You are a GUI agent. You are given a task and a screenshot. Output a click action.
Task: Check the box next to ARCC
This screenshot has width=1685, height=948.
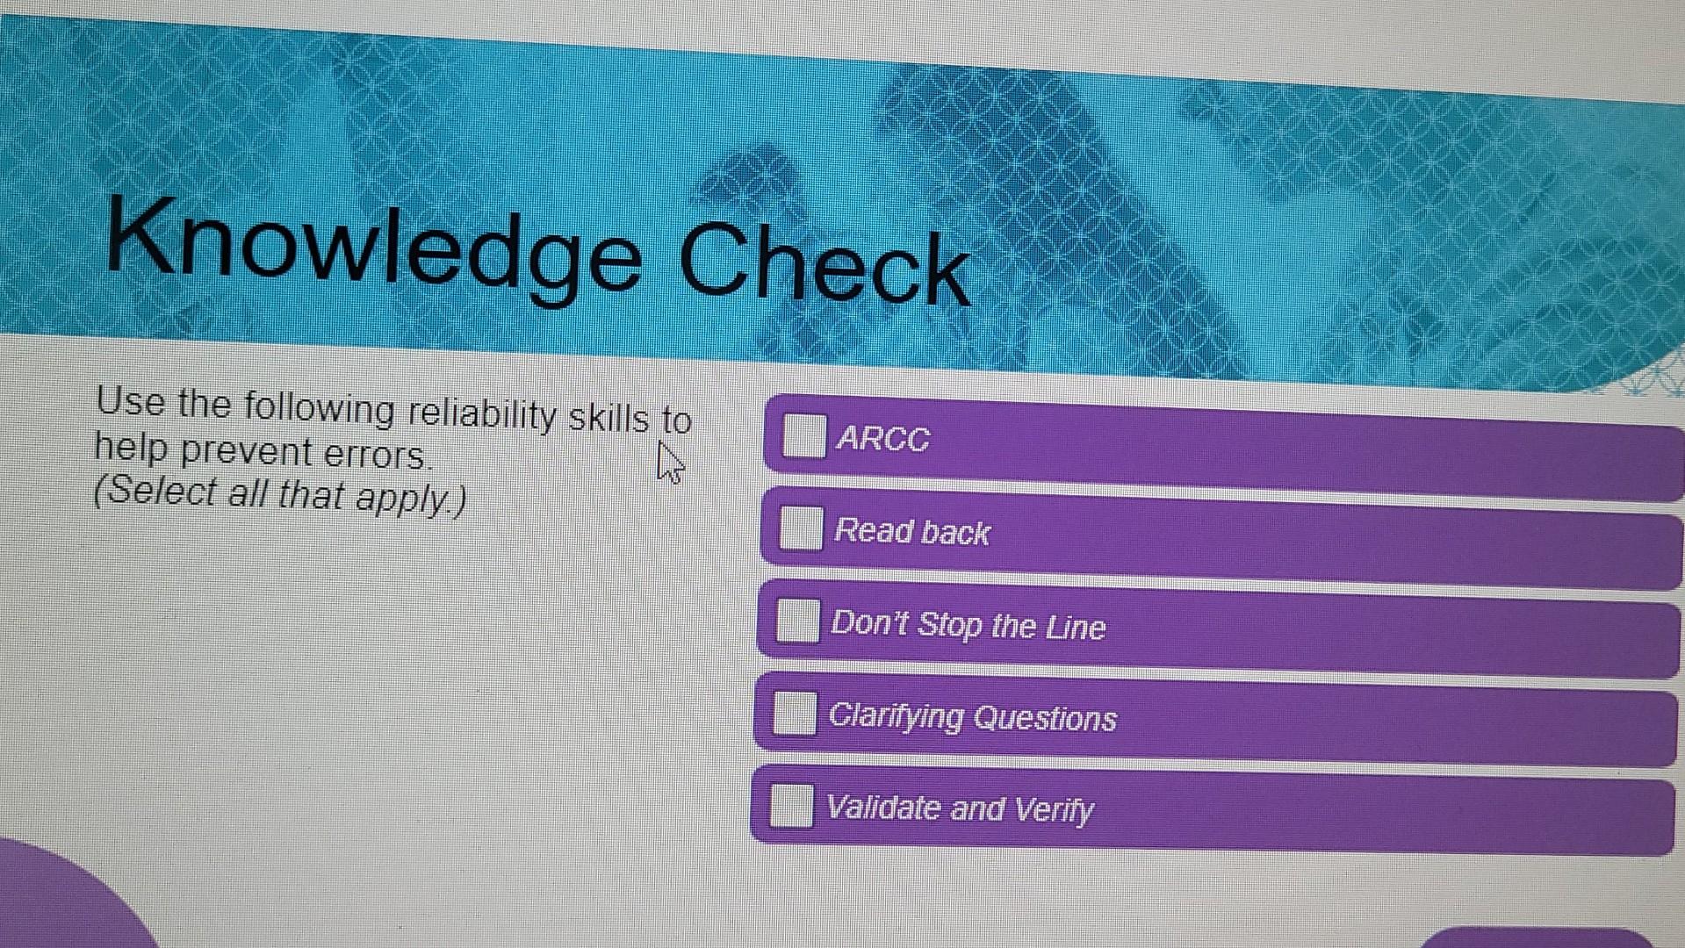point(803,436)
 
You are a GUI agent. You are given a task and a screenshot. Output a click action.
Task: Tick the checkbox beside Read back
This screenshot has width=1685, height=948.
point(801,528)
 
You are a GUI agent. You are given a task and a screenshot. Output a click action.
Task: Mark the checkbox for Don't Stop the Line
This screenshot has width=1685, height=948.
point(797,621)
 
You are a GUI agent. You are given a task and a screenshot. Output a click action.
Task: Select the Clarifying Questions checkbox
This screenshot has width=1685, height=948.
point(795,713)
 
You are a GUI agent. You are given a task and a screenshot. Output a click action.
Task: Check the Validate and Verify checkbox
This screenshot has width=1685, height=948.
point(791,806)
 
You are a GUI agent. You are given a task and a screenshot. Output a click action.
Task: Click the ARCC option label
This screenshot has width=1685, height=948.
point(882,439)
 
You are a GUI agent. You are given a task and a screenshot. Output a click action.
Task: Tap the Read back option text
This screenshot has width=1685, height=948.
point(911,532)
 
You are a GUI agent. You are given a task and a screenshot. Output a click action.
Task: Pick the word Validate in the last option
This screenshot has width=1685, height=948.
point(883,808)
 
